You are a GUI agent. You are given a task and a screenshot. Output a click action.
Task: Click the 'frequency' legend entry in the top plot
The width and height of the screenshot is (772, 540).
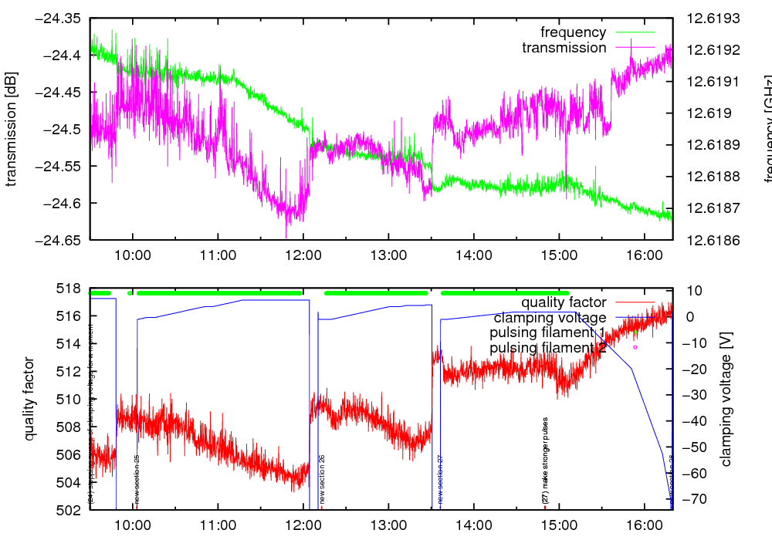pyautogui.click(x=573, y=32)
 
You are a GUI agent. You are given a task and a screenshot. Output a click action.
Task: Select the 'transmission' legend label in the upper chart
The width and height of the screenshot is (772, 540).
pyautogui.click(x=564, y=48)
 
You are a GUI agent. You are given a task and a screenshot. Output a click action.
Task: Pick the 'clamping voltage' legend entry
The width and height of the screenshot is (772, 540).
pyautogui.click(x=550, y=317)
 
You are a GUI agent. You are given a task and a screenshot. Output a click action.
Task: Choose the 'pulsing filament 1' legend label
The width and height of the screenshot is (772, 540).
pyautogui.click(x=547, y=332)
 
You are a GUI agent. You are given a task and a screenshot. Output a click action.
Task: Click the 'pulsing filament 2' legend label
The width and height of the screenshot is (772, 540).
pyautogui.click(x=547, y=348)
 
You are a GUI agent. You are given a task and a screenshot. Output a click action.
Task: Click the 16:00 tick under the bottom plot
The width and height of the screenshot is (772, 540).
pyautogui.click(x=643, y=526)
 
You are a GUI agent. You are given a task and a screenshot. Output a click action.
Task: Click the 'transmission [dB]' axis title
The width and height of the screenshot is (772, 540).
pyautogui.click(x=12, y=130)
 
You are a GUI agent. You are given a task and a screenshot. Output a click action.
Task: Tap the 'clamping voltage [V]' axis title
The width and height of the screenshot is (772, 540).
pyautogui.click(x=726, y=400)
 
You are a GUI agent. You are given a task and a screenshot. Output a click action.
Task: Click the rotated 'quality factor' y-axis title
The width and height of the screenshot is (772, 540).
pyautogui.click(x=30, y=399)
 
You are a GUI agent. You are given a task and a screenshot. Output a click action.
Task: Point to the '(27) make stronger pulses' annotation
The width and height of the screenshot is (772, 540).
pyautogui.click(x=545, y=461)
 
